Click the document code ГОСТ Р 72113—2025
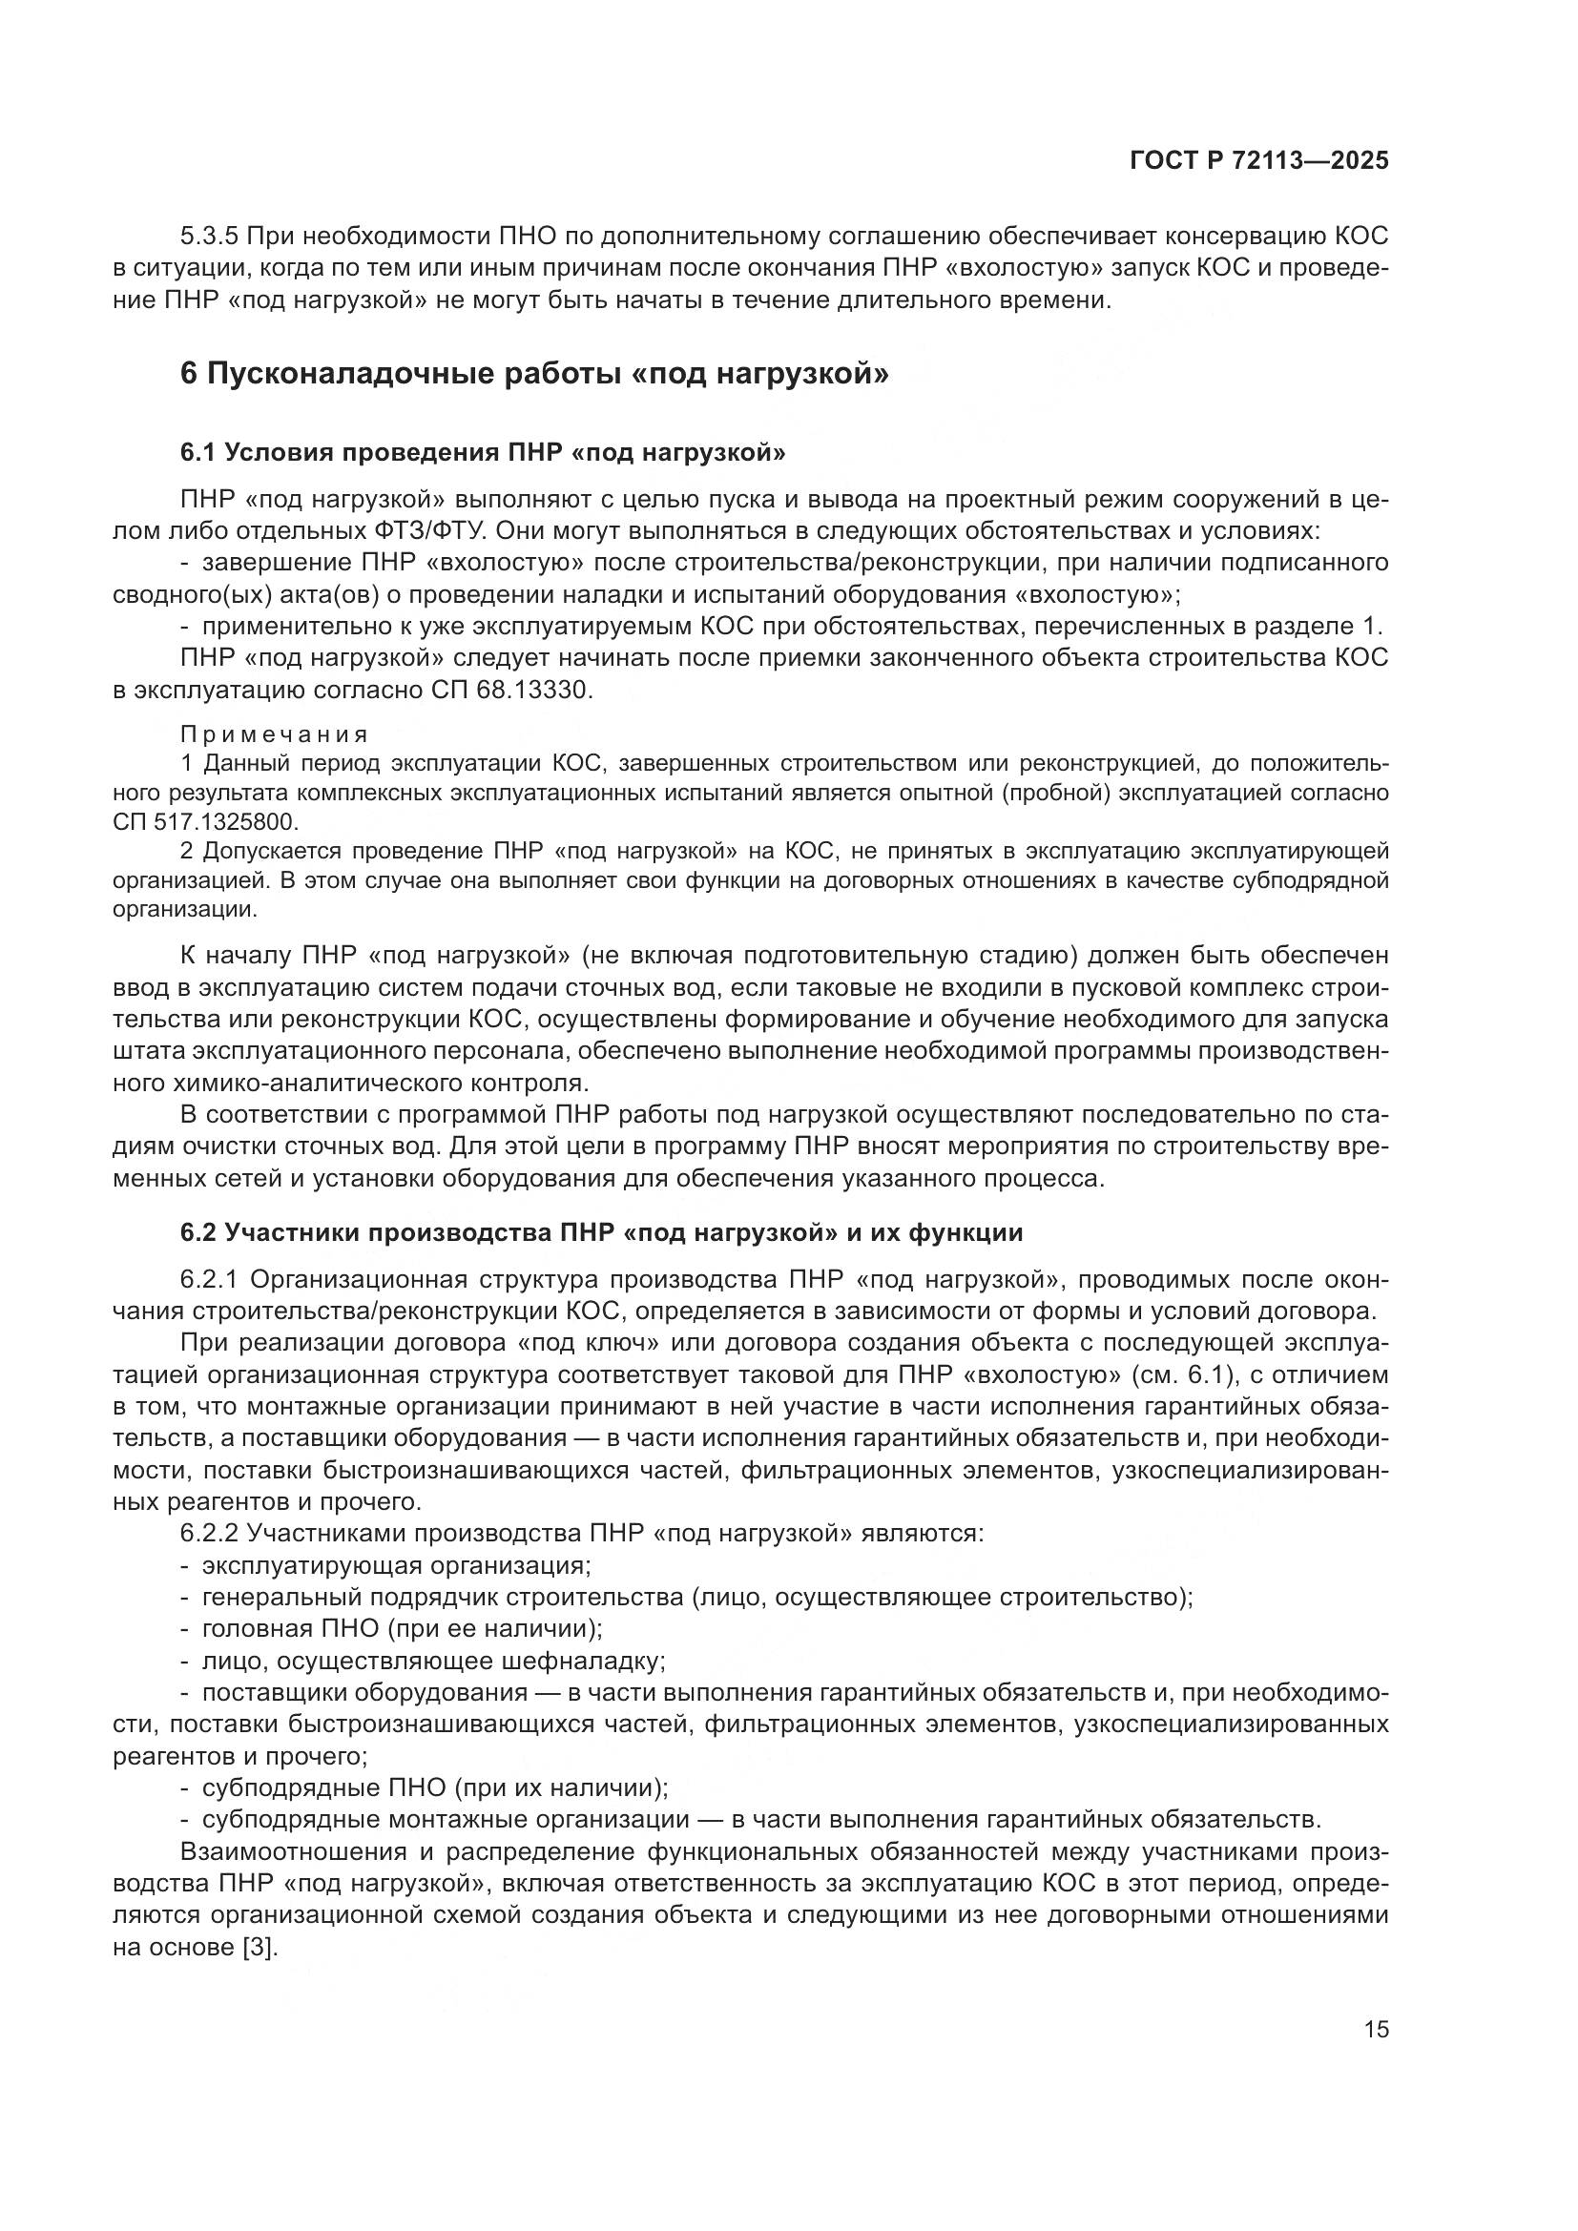1258,161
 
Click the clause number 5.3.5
210,237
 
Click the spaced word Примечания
274,734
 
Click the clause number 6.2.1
210,1280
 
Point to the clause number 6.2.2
210,1534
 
